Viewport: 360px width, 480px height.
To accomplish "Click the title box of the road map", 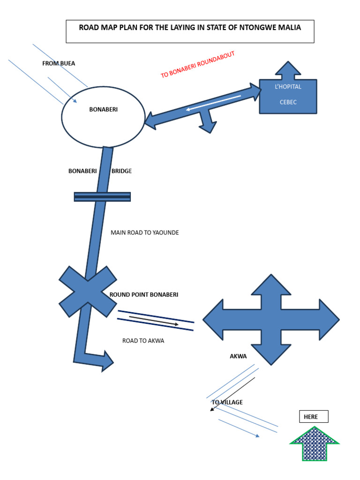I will pos(190,31).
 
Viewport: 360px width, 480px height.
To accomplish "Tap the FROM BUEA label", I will pos(59,63).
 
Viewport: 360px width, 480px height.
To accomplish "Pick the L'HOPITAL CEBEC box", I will pos(288,96).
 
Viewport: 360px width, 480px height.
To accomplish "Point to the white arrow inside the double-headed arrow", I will pos(213,103).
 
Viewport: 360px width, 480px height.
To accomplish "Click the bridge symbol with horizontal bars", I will pos(102,197).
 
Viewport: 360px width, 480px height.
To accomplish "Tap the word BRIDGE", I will pos(121,171).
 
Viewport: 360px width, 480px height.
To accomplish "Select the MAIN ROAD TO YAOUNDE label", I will pos(144,232).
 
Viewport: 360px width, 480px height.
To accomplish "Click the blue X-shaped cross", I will pos(88,292).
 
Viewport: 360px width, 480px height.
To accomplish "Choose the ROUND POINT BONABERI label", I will pos(144,295).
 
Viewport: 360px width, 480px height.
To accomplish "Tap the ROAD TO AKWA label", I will pos(143,341).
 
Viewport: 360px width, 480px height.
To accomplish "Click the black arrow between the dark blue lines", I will pos(154,321).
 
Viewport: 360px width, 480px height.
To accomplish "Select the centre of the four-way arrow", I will pos(271,320).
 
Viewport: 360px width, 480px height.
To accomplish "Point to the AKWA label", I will pos(238,356).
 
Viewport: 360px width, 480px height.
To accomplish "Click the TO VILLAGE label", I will pos(227,402).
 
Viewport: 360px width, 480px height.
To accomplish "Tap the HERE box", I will pos(314,417).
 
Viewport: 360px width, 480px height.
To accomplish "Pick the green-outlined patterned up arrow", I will pos(314,444).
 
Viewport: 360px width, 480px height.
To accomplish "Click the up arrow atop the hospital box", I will pos(288,70).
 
